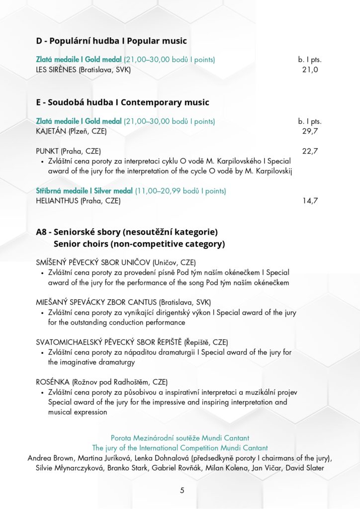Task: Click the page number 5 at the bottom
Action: [182, 491]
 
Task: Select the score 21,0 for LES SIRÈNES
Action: [310, 70]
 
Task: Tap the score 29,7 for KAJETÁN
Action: [310, 131]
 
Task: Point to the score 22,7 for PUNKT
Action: [310, 151]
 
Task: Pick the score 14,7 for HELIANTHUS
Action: [310, 201]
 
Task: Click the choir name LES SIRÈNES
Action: [56, 70]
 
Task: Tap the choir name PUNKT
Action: [48, 151]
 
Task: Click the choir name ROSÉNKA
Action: [53, 382]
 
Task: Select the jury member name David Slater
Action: [306, 468]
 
